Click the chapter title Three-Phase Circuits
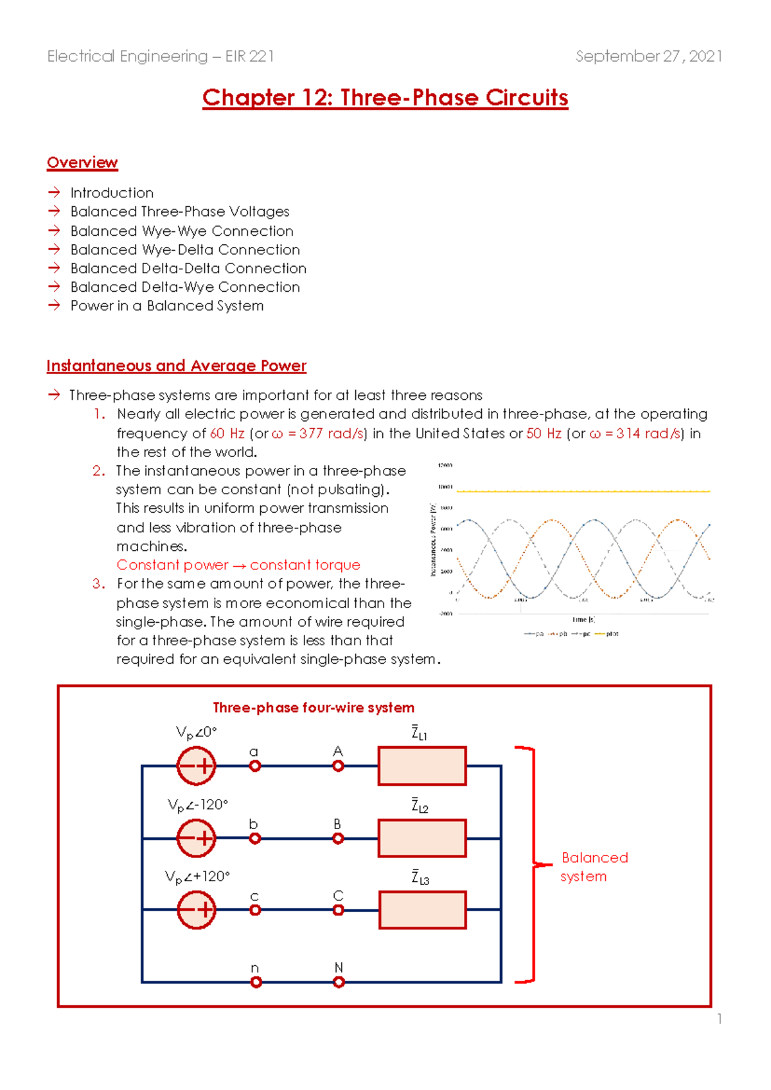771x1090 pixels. [385, 98]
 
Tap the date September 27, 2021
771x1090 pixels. [648, 57]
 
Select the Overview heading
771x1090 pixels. [82, 163]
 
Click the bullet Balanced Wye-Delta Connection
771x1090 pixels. [185, 249]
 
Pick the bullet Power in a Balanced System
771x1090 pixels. [167, 306]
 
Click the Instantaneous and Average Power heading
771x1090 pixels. [176, 366]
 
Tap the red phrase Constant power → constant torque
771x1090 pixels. [238, 565]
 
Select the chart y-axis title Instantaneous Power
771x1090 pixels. [433, 539]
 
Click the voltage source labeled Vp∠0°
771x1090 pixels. [196, 766]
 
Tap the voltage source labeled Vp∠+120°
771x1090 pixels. [196, 910]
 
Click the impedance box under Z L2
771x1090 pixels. [422, 838]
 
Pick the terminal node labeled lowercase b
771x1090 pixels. [255, 839]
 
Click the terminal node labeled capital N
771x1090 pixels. [339, 982]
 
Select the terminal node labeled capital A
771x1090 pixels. [338, 766]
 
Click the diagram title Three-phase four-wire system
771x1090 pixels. [314, 708]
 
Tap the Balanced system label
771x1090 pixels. [594, 866]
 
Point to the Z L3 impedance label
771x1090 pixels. [420, 877]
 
